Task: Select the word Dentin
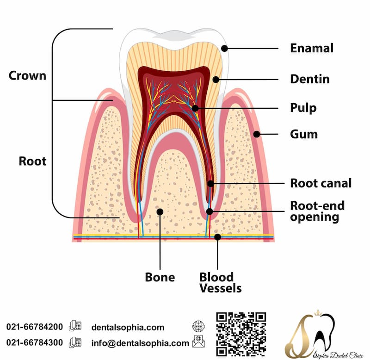(x=309, y=79)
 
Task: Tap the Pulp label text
(x=303, y=108)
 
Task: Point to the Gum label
(x=304, y=134)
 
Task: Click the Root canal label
(x=321, y=183)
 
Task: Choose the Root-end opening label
(x=317, y=211)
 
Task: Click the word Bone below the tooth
(x=160, y=277)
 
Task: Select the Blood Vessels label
(x=220, y=282)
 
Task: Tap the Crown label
(x=28, y=75)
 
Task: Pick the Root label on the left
(x=32, y=161)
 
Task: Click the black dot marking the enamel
(x=225, y=48)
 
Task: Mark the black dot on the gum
(x=256, y=134)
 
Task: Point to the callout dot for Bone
(x=160, y=211)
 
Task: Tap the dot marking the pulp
(x=195, y=108)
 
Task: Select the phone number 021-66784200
(x=35, y=327)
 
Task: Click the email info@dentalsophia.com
(x=140, y=343)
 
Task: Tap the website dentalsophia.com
(x=128, y=327)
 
